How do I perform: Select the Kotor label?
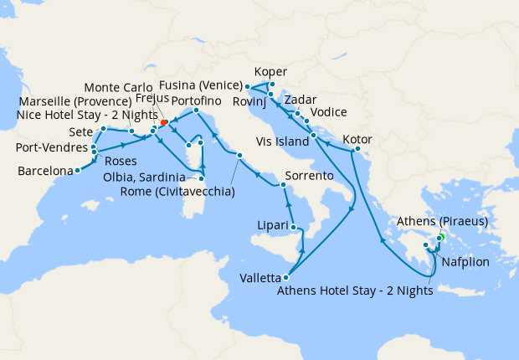pos(358,138)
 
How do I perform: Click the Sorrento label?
pos(310,177)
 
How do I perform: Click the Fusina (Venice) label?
pos(203,85)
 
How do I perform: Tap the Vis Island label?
pos(282,142)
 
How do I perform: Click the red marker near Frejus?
pos(163,122)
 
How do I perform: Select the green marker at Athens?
pos(439,238)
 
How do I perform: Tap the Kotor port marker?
pos(357,150)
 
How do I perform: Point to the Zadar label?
pos(301,100)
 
